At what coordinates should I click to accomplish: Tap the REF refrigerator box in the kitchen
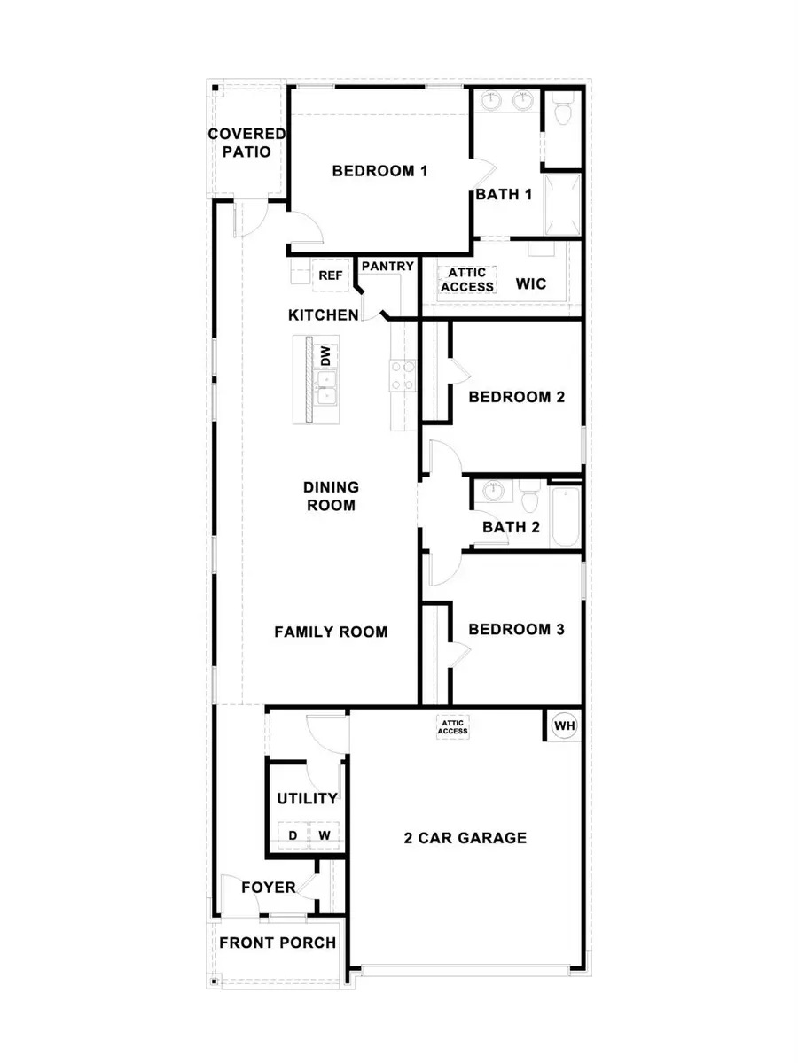(x=330, y=275)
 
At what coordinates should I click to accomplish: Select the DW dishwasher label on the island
(x=325, y=356)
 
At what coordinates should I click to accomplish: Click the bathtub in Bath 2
(x=564, y=516)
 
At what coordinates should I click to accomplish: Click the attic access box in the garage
(x=452, y=727)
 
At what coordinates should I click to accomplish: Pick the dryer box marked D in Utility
(x=292, y=835)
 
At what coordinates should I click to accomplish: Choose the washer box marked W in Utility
(x=325, y=835)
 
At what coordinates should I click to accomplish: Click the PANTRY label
(x=387, y=266)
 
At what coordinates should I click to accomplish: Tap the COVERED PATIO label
(x=246, y=144)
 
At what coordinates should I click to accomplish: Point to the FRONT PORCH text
(x=278, y=943)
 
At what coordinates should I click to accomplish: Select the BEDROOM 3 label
(x=516, y=630)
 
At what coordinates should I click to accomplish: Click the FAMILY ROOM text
(x=331, y=632)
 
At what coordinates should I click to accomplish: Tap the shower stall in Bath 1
(x=562, y=205)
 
